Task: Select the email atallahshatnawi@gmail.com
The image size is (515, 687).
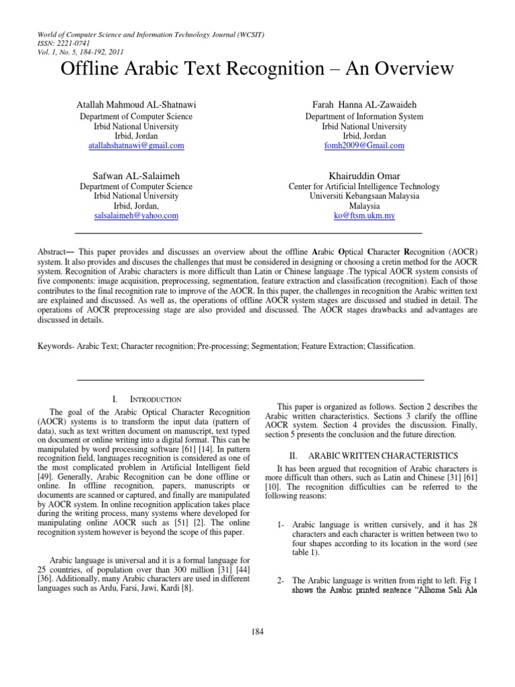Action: point(136,145)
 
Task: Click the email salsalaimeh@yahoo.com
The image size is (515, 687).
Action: point(136,215)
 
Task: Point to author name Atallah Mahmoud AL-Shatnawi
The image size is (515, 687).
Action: point(136,105)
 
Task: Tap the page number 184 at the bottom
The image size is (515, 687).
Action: point(257,631)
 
